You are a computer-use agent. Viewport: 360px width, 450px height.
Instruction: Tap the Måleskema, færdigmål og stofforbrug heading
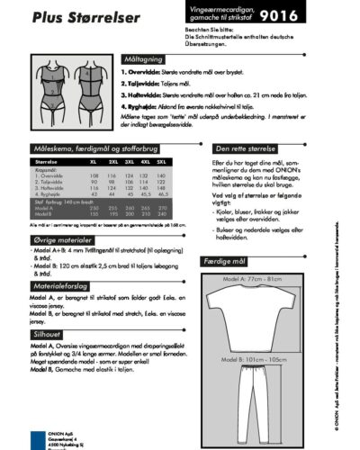[99, 154]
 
